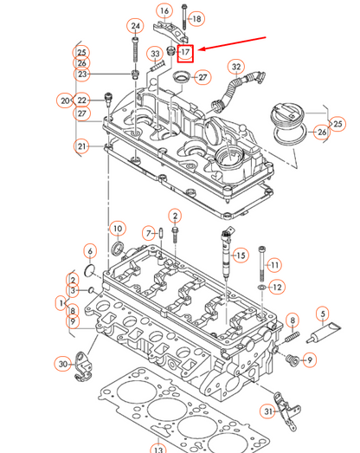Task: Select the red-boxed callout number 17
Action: [186, 52]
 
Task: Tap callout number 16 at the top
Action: [164, 11]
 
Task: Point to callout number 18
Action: [196, 18]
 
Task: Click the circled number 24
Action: [135, 26]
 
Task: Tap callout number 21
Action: [82, 146]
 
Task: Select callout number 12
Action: [277, 287]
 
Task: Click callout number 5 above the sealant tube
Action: [323, 314]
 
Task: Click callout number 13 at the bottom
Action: [157, 450]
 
